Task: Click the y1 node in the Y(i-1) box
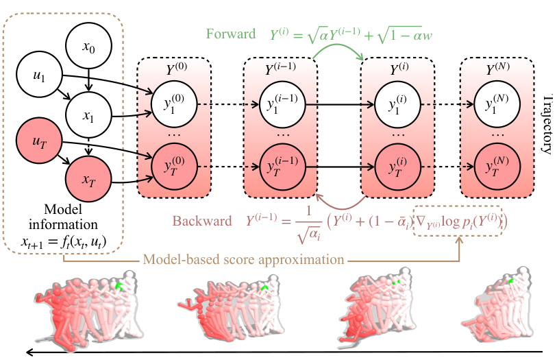(x=281, y=105)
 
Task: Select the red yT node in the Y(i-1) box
(x=281, y=167)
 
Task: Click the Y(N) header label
(x=496, y=69)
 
